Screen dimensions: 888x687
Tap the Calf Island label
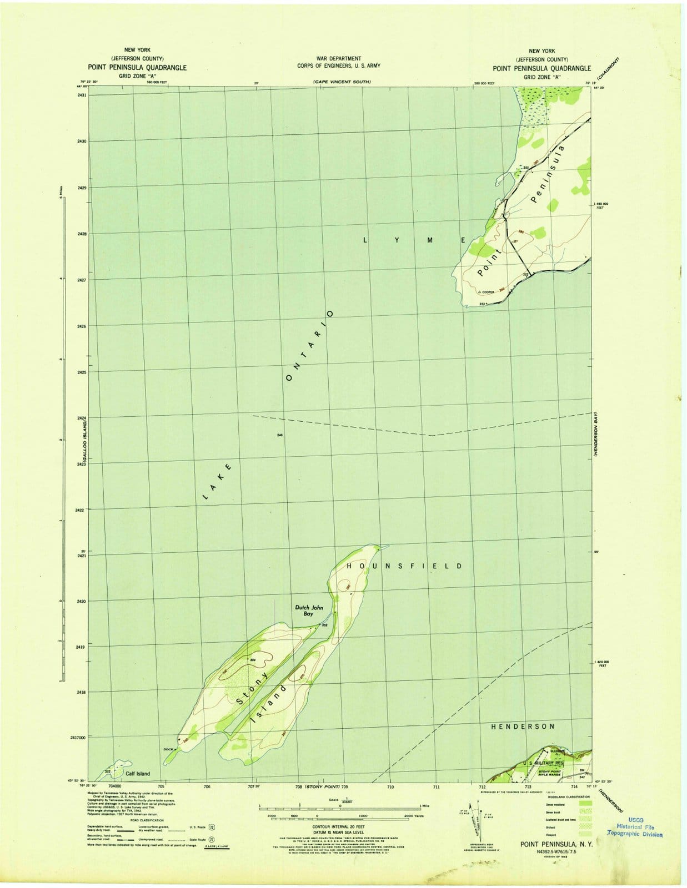tap(137, 773)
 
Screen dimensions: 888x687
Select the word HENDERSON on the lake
tap(523, 726)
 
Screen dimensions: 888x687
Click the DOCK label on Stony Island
tap(168, 750)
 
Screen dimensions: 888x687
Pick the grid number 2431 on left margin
tap(82, 95)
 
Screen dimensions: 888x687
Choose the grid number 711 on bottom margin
tap(436, 787)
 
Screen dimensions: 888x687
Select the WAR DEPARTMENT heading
tap(338, 58)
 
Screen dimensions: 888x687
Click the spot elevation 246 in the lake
tap(279, 435)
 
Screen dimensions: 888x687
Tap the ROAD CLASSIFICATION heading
tap(147, 820)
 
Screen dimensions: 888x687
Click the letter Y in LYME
tap(397, 240)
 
